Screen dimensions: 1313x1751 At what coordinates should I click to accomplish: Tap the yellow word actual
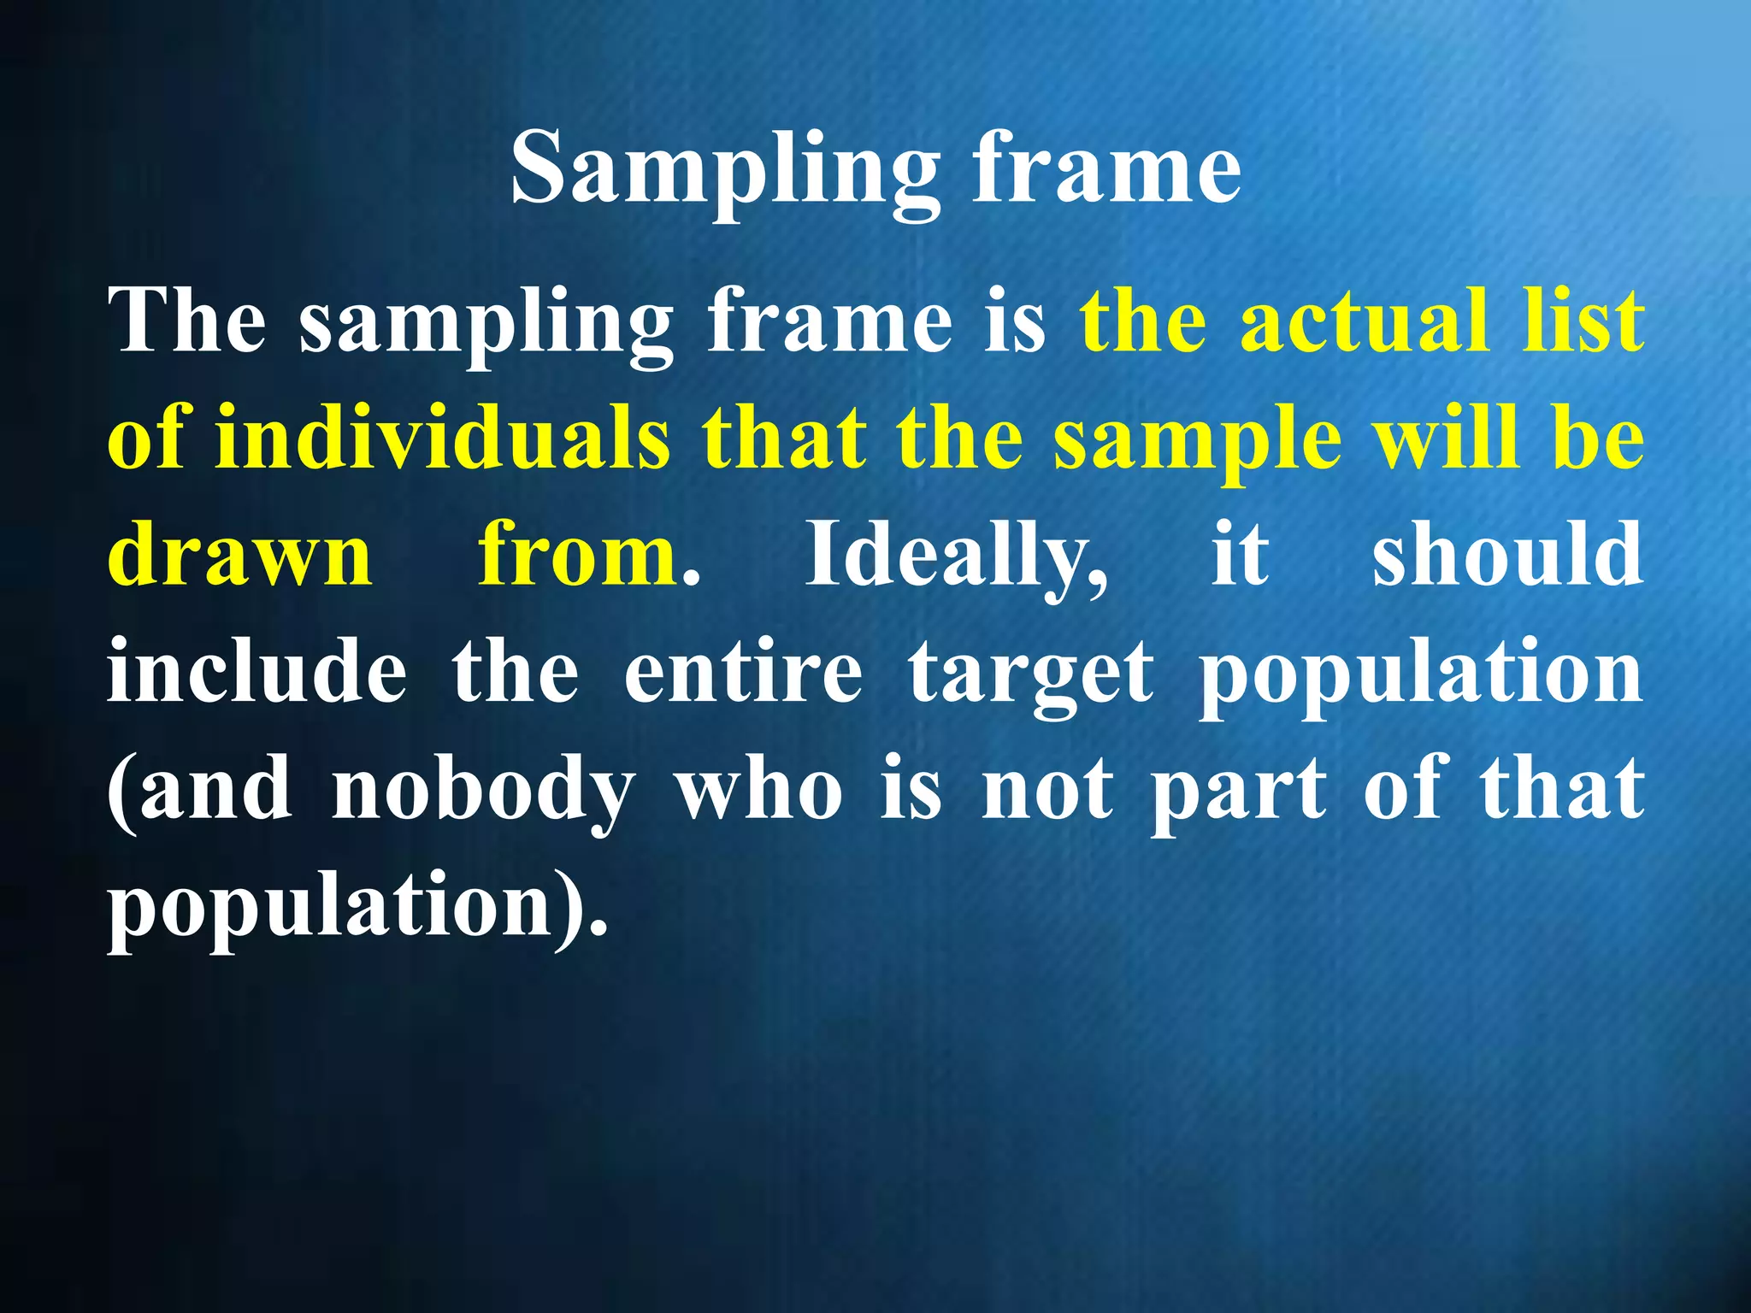coord(1365,321)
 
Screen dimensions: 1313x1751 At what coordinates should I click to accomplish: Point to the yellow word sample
coord(1197,441)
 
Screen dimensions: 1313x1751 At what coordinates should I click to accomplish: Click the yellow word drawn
coord(240,556)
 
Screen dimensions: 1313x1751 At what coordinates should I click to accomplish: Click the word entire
coord(743,673)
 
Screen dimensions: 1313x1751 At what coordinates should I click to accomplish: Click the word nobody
coord(483,792)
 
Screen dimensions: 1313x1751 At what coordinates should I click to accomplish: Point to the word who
coord(759,790)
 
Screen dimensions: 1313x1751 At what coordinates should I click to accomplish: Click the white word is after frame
coord(1014,321)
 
